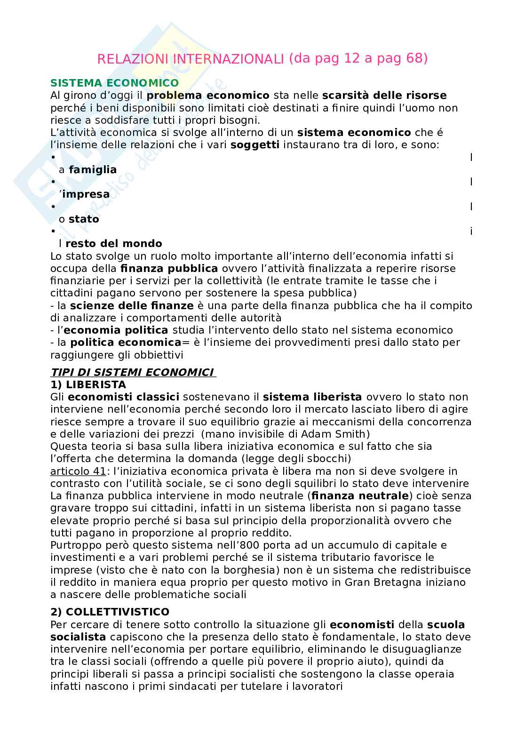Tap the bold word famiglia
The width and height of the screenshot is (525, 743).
point(93,169)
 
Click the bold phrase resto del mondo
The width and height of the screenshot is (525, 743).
point(114,244)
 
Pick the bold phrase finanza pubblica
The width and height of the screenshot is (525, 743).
point(169,269)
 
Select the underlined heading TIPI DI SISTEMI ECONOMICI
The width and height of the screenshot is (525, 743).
point(132,373)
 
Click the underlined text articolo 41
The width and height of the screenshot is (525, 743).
point(78,471)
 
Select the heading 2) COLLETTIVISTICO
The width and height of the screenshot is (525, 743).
point(110,612)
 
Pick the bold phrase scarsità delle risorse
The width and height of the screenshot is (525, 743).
point(384,96)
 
